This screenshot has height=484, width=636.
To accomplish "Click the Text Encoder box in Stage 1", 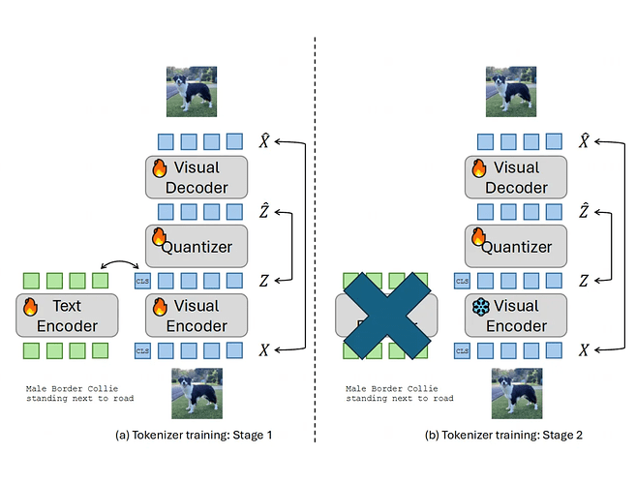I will (67, 316).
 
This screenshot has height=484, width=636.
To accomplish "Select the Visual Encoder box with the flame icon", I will (197, 316).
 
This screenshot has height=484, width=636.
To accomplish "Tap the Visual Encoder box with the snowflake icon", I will (516, 316).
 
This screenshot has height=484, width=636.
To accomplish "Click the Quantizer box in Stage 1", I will (197, 246).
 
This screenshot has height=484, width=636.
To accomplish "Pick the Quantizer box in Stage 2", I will (516, 246).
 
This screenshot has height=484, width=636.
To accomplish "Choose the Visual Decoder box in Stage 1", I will (197, 177).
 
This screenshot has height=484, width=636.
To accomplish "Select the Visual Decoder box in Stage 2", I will (516, 177).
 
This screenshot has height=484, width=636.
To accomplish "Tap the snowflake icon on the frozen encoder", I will (480, 307).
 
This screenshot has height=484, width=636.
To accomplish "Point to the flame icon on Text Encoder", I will (30, 307).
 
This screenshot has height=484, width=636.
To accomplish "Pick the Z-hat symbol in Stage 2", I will (584, 210).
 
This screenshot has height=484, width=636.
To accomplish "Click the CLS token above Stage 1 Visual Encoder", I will (142, 282).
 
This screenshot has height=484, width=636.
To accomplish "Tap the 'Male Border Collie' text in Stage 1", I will (68, 388).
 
